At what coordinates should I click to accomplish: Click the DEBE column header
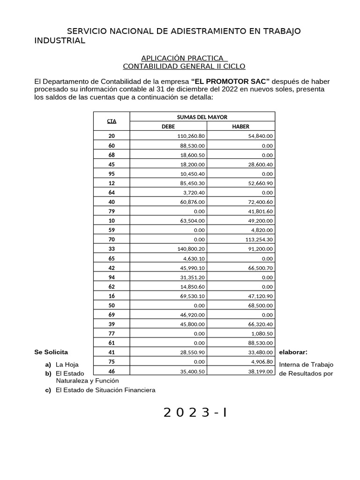click(x=167, y=126)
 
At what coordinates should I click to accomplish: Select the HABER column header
click(x=240, y=126)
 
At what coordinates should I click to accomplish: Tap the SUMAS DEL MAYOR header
click(x=202, y=117)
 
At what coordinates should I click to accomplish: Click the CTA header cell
click(x=112, y=121)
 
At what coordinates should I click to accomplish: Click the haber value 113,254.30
click(x=257, y=239)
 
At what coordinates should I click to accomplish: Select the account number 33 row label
click(x=112, y=248)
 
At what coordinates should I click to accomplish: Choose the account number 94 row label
click(x=112, y=277)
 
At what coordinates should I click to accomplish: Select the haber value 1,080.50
click(x=261, y=333)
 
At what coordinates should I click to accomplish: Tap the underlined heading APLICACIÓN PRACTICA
click(x=184, y=58)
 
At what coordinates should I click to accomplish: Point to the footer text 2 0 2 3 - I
click(x=195, y=412)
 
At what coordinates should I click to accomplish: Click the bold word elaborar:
click(x=293, y=352)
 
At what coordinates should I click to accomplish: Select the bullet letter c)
click(x=48, y=390)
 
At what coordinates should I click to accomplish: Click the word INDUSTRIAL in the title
click(x=60, y=41)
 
